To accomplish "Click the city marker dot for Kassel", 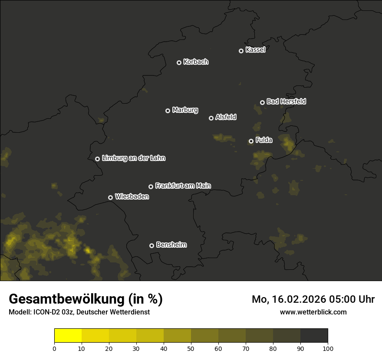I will [x=241, y=51].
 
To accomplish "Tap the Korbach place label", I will [x=196, y=62].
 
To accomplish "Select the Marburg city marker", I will [x=168, y=111].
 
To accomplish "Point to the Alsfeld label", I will [x=226, y=117].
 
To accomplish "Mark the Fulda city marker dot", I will [x=251, y=141].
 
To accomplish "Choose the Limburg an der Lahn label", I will [x=134, y=158].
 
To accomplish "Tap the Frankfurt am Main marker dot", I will [x=151, y=187].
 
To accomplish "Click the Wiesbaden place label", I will [x=132, y=197].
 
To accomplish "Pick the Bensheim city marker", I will [x=151, y=245].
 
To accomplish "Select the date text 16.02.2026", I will [x=301, y=299].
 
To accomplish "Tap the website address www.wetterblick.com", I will [x=313, y=312].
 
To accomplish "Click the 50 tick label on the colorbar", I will [x=191, y=349].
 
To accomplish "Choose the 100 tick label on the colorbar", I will [x=328, y=349].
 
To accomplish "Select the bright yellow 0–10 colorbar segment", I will [x=68, y=336].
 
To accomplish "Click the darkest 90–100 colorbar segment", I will [x=314, y=336].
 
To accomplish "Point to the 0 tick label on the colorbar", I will [x=54, y=349].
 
